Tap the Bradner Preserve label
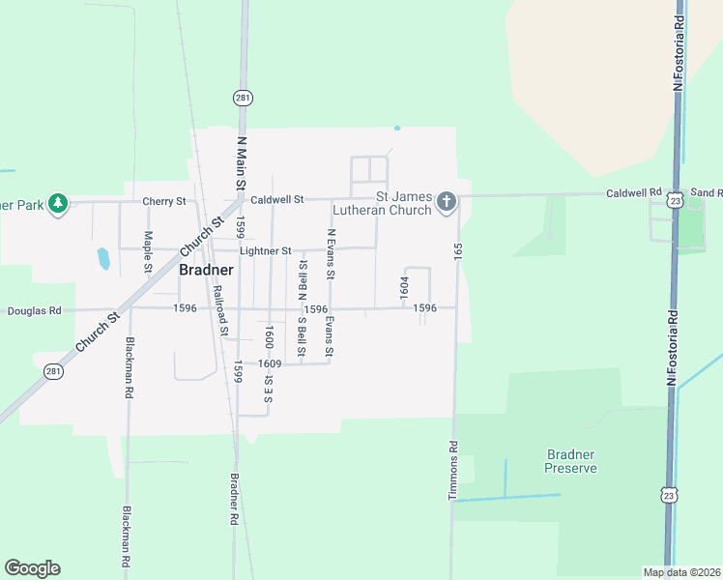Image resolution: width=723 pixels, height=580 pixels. click(x=570, y=461)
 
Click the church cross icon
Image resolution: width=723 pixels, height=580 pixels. click(x=446, y=201)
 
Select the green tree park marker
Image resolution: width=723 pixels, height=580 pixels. click(x=58, y=203)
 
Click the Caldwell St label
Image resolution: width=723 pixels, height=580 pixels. click(x=276, y=200)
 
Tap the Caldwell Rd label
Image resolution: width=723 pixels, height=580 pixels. click(x=633, y=193)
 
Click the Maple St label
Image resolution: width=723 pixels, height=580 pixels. click(x=148, y=251)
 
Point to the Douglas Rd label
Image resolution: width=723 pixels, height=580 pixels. click(x=35, y=311)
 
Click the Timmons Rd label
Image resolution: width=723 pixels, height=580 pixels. click(x=451, y=472)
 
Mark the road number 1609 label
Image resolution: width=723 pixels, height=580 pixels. click(x=270, y=363)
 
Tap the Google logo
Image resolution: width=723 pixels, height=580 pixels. click(x=32, y=568)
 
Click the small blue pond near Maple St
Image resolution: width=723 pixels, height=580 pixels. click(x=102, y=258)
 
